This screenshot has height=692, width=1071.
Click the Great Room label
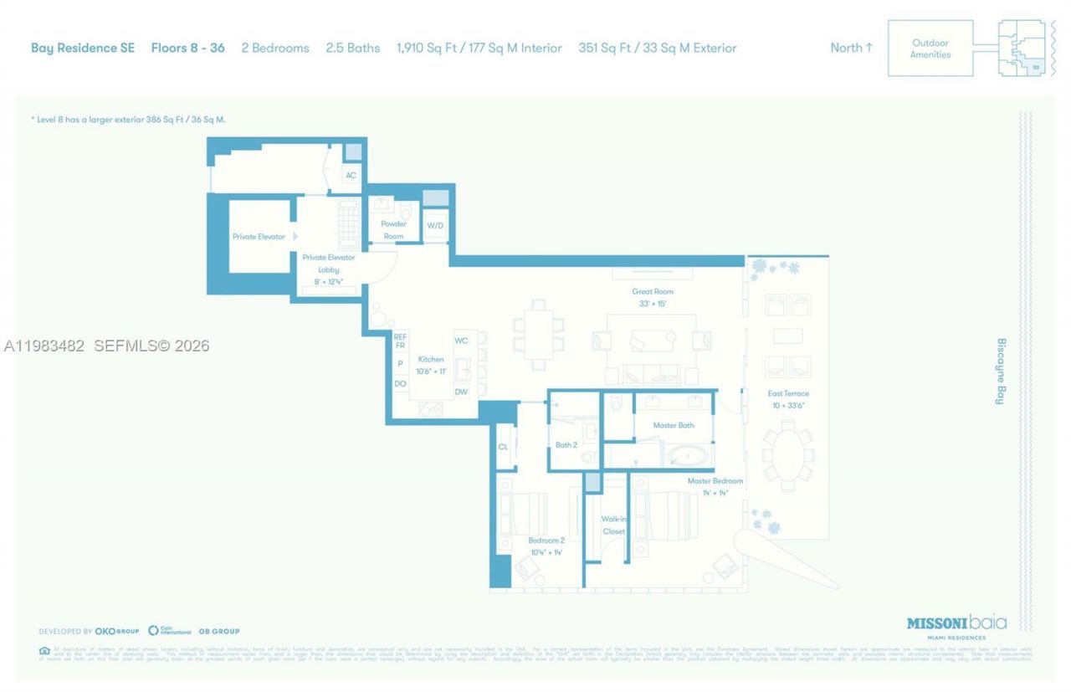pyautogui.click(x=653, y=292)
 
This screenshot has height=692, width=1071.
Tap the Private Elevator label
pyautogui.click(x=259, y=237)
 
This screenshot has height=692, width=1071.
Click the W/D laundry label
pyautogui.click(x=435, y=226)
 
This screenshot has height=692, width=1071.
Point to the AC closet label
pyautogui.click(x=351, y=176)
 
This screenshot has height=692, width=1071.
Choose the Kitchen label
pyautogui.click(x=431, y=359)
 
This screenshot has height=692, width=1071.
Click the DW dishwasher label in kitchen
pyautogui.click(x=461, y=392)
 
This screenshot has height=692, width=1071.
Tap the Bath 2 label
pyautogui.click(x=566, y=445)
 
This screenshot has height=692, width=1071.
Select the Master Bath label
pyautogui.click(x=674, y=426)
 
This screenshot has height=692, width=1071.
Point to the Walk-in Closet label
pyautogui.click(x=613, y=525)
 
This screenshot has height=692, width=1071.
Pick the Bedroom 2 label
pyautogui.click(x=547, y=541)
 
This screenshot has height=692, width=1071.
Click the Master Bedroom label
pyautogui.click(x=715, y=481)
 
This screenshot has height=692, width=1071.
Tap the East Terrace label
pyautogui.click(x=788, y=393)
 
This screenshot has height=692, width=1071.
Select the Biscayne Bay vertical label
pyautogui.click(x=1001, y=372)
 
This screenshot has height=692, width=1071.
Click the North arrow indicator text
pyautogui.click(x=851, y=48)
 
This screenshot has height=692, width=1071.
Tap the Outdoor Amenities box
pyautogui.click(x=930, y=49)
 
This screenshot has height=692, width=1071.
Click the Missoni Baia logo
pyautogui.click(x=956, y=623)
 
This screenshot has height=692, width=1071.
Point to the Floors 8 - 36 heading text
pyautogui.click(x=187, y=48)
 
